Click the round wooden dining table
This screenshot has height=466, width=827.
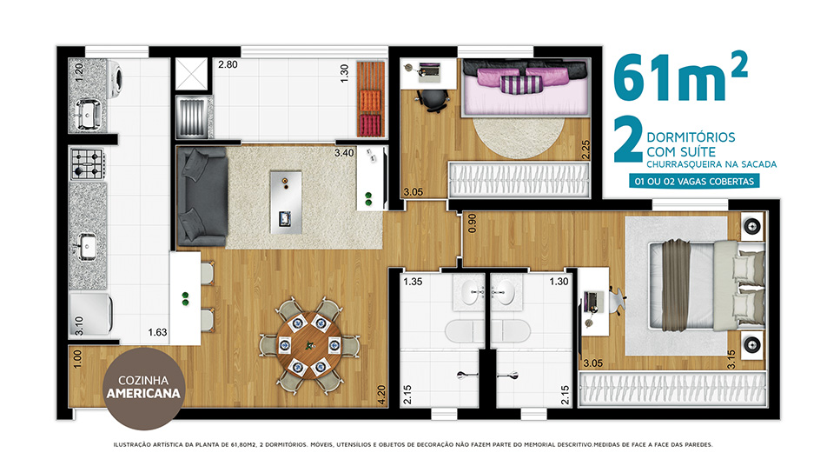coord(309,346)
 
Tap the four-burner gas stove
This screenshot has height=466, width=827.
coord(87,163)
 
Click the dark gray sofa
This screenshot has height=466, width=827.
coord(202,196)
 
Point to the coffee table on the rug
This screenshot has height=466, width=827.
coord(286,202)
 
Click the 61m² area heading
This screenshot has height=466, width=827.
coord(680,76)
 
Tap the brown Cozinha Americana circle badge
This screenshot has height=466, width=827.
coord(143,388)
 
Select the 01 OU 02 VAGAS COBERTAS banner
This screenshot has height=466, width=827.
coord(694,181)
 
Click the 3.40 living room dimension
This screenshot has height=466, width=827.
coord(344,153)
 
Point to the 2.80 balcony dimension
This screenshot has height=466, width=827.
coord(228,64)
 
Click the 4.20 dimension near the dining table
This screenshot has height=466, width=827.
coord(381,396)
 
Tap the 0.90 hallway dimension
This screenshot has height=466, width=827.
coord(472,223)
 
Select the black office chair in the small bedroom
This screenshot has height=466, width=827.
coord(433,100)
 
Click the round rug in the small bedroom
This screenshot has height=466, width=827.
coord(519,136)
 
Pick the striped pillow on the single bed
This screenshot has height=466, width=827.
coord(521,85)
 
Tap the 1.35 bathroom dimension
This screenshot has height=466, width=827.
coord(413,282)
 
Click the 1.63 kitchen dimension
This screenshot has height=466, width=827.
coord(157,332)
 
